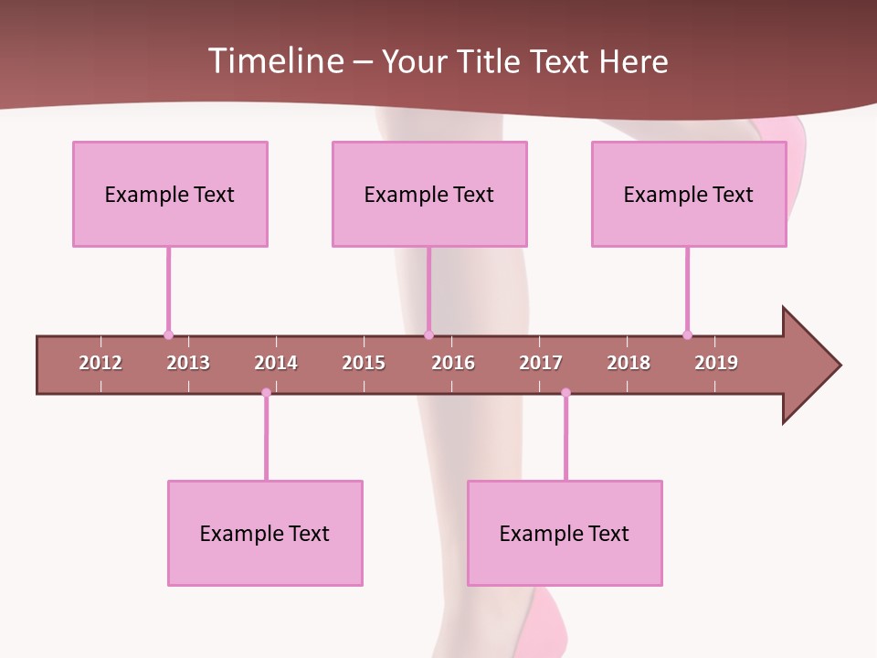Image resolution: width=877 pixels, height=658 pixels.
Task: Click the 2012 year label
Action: click(100, 363)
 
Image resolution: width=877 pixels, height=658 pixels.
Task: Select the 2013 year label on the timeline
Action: click(188, 363)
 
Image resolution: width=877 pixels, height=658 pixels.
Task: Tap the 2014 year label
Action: click(276, 363)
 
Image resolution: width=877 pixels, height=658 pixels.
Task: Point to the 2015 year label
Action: click(364, 363)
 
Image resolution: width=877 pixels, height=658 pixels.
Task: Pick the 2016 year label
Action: click(453, 363)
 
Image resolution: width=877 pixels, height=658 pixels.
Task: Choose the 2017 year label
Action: click(541, 363)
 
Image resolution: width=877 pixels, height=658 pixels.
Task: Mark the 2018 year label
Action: click(629, 363)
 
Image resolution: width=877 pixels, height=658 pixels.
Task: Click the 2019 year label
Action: click(716, 363)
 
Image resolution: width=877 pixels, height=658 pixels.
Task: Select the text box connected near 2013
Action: click(170, 194)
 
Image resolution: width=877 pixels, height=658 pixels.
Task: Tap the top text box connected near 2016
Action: click(429, 194)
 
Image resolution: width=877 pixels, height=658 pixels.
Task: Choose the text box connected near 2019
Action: click(689, 194)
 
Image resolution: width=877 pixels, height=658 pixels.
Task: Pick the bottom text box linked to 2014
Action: click(265, 533)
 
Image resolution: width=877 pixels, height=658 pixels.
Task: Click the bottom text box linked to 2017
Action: click(565, 533)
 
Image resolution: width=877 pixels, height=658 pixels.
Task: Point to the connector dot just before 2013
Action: click(168, 334)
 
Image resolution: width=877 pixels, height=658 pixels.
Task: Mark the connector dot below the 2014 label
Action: click(266, 393)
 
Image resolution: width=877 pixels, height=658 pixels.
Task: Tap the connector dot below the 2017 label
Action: click(565, 393)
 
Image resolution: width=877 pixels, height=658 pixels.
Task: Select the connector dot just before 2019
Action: click(687, 334)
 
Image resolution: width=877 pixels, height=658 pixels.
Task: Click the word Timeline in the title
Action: click(275, 61)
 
